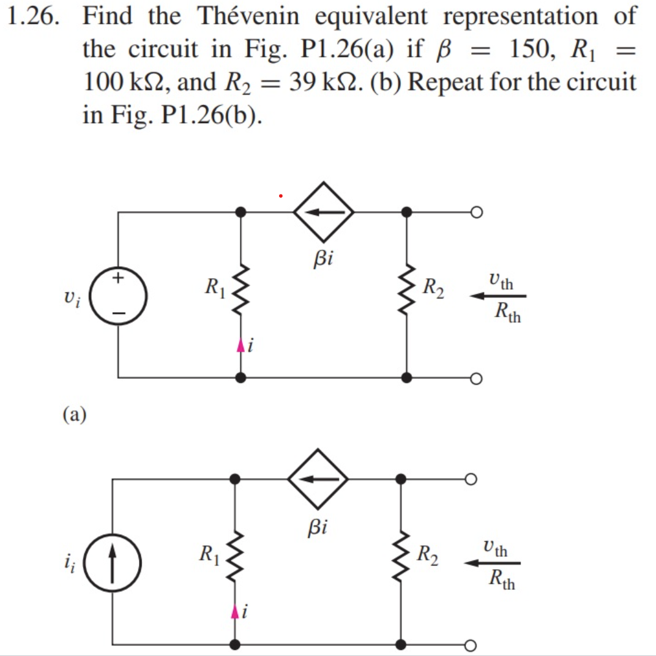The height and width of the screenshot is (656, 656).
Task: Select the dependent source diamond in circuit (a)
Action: pyautogui.click(x=324, y=212)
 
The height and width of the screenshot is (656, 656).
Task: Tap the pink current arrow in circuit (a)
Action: pyautogui.click(x=240, y=346)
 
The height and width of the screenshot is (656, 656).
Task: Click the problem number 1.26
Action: pyautogui.click(x=34, y=17)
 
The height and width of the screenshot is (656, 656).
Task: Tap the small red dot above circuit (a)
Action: pyautogui.click(x=280, y=196)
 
